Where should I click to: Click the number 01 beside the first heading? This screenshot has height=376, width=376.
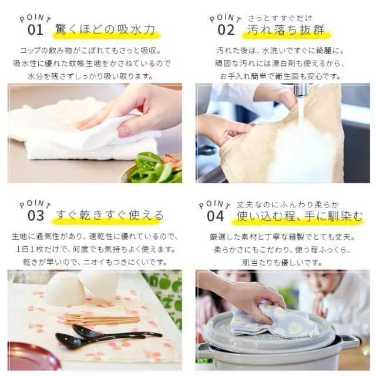tap(35, 30)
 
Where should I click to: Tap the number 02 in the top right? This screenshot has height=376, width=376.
tap(226, 30)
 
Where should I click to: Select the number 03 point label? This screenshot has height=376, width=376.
tap(36, 216)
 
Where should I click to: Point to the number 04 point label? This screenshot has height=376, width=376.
tap(216, 216)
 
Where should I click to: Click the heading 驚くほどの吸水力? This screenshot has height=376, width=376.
tap(105, 30)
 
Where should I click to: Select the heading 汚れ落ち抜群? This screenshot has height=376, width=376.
tap(286, 30)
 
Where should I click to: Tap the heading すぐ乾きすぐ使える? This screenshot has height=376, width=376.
tap(110, 215)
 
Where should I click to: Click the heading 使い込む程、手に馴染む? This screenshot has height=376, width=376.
tap(299, 216)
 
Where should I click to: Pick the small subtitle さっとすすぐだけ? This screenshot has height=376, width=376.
tap(280, 18)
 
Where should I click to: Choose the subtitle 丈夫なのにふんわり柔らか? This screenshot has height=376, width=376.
tap(287, 204)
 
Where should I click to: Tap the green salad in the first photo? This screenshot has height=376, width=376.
tap(154, 169)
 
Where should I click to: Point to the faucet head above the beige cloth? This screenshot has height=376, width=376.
tap(300, 90)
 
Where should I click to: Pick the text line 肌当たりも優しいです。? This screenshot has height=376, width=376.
tap(282, 263)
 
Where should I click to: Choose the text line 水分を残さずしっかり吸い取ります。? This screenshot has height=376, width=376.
tap(90, 76)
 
